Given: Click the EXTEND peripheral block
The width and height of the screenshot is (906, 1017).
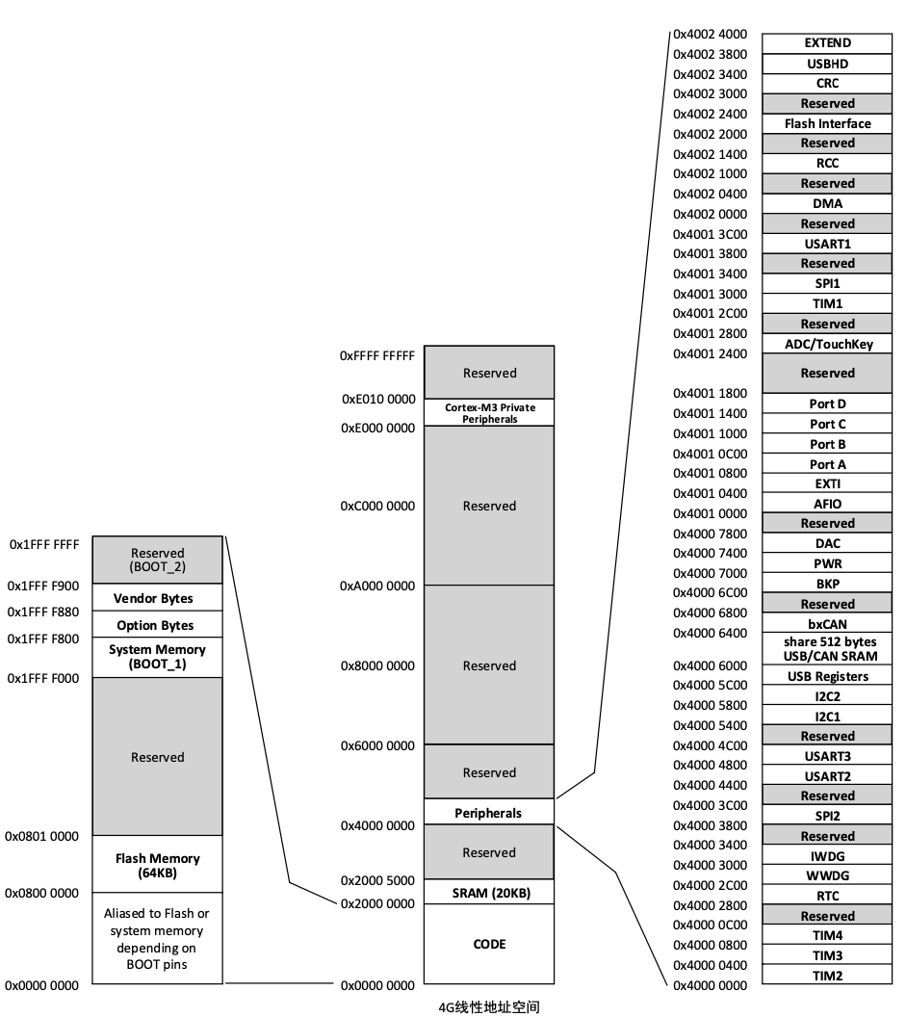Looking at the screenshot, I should [827, 43].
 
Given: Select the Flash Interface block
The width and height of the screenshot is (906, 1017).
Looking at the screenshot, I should [827, 123].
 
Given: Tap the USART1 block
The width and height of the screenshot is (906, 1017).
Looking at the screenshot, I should [827, 244].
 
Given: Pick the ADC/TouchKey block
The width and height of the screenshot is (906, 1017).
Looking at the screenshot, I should [827, 344].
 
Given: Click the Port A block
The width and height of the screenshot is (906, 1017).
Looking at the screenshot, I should [827, 464].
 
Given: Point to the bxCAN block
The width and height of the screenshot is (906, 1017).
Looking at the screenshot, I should [827, 624].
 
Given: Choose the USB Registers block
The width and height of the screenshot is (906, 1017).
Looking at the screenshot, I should [827, 676].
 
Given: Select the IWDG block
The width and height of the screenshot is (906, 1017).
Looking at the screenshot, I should [827, 856].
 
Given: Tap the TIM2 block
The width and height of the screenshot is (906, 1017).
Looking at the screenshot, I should [827, 976].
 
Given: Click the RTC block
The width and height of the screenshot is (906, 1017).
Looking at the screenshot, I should [827, 896].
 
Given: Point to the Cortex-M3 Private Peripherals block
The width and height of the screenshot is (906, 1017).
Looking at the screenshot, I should [489, 413].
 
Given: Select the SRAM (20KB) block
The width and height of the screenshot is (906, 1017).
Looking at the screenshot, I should [489, 893].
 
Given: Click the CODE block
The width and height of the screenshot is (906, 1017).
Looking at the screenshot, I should [489, 944].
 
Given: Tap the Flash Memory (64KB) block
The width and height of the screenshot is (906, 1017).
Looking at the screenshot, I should [157, 865].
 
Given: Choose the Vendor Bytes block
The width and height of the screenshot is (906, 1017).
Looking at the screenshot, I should [157, 598].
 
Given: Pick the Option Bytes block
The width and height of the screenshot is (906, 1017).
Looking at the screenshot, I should [157, 625].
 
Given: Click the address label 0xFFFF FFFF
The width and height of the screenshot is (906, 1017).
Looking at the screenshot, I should [377, 355].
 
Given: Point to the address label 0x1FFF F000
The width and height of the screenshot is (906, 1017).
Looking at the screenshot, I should [43, 679].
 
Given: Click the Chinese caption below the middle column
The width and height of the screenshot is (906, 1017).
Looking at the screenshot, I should [489, 1007].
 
